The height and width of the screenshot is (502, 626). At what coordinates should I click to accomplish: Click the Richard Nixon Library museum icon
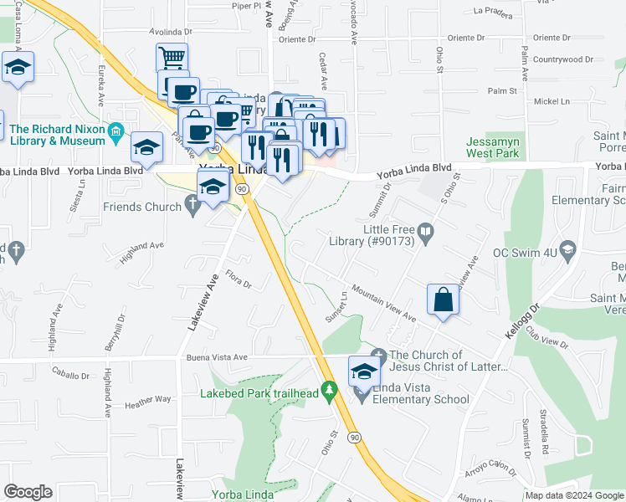click(116, 131)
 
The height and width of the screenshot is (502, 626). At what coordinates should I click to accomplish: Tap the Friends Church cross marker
click(193, 203)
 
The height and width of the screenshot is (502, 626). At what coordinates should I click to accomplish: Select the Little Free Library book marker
click(426, 231)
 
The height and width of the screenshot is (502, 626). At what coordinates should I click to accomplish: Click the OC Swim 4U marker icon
click(570, 249)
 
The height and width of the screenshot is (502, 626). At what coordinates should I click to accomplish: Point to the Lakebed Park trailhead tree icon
click(331, 390)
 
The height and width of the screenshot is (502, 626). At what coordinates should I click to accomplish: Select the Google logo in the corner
click(28, 492)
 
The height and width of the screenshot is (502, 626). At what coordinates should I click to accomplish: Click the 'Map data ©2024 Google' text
click(573, 495)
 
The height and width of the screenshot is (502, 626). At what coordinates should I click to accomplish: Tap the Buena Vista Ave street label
click(216, 356)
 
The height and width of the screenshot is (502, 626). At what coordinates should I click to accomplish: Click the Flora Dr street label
click(239, 279)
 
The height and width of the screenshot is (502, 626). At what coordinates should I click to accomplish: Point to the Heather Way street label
click(147, 400)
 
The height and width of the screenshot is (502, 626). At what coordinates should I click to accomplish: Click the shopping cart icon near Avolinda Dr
click(172, 59)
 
